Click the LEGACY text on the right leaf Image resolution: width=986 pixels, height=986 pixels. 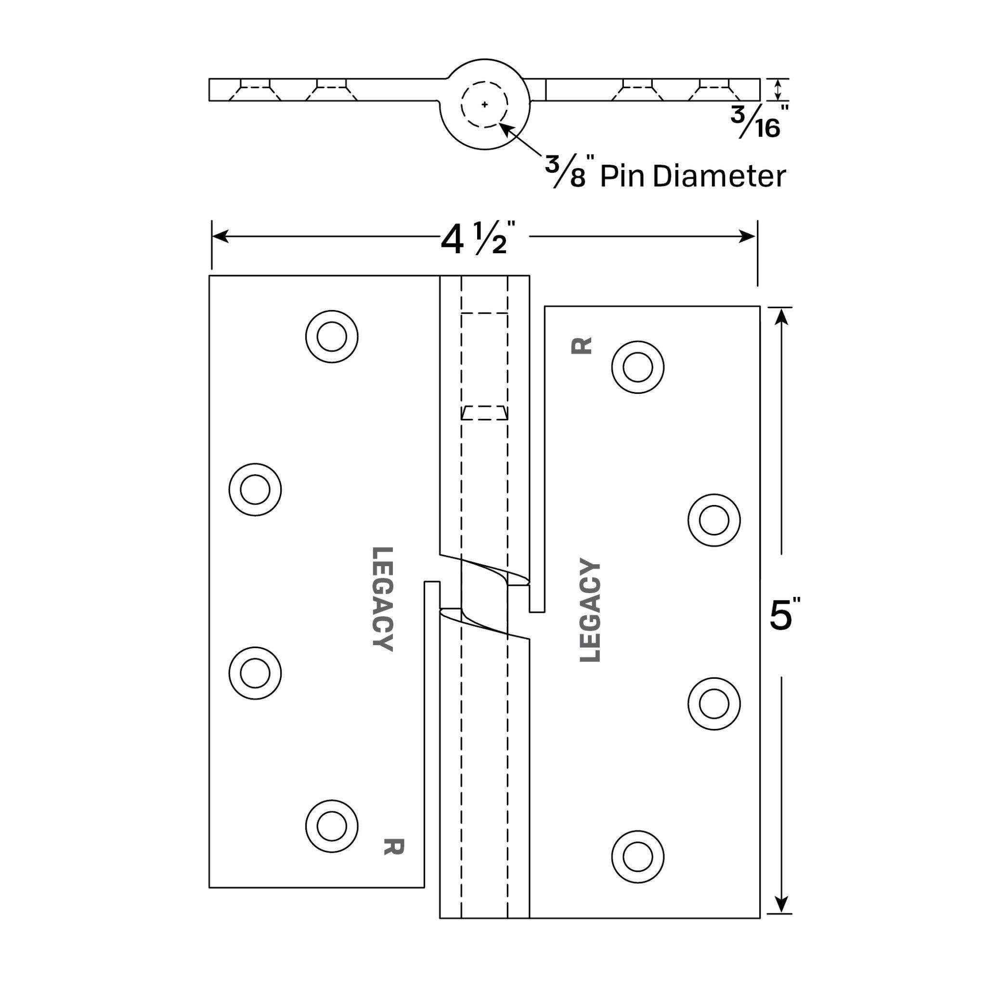(590, 611)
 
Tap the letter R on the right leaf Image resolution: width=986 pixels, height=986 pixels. (581, 346)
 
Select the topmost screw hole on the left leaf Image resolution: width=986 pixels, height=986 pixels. (332, 337)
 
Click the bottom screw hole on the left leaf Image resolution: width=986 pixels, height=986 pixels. (332, 825)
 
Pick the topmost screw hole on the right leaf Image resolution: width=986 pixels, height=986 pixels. (637, 367)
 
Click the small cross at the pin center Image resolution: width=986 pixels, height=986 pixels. (484, 104)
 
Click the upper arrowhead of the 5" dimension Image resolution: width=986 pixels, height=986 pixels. (781, 317)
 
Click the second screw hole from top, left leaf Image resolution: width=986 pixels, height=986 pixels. (255, 490)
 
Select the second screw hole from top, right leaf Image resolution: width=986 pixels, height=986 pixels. (714, 520)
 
